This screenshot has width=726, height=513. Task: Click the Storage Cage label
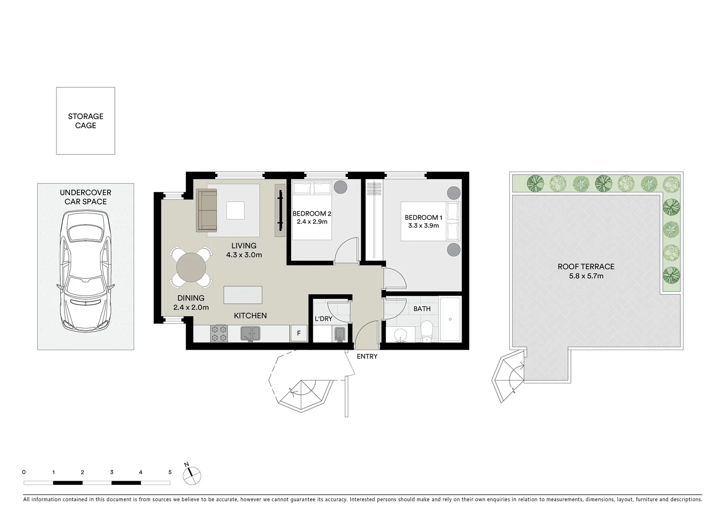[x=85, y=121]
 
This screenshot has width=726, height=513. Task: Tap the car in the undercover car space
[x=86, y=272]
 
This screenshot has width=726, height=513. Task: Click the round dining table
[x=191, y=268]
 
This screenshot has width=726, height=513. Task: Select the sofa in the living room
[x=207, y=210]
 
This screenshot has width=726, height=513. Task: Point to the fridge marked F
[x=299, y=333]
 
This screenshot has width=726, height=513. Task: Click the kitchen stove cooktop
[x=219, y=333]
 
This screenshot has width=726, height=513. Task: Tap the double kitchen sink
[x=250, y=333]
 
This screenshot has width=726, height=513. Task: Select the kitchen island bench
[x=243, y=294]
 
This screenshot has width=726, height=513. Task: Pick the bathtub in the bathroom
[x=450, y=319]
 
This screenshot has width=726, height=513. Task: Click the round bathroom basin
[x=399, y=334]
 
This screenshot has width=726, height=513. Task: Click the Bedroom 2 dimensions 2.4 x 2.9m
[x=312, y=222]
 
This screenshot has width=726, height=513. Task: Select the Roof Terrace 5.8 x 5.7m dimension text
[x=586, y=276]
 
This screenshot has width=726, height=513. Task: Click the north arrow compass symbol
[x=192, y=474]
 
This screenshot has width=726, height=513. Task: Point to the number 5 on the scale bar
[x=170, y=472]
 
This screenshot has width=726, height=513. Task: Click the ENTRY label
[x=367, y=356]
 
